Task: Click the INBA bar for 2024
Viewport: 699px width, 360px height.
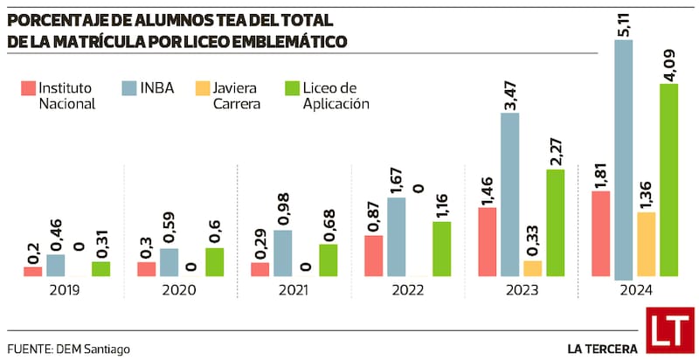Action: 623,157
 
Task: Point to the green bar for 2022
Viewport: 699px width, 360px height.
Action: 441,248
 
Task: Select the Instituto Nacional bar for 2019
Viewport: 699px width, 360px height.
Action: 32,271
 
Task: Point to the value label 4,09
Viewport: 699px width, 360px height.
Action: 668,65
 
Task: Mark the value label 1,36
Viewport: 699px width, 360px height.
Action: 646,192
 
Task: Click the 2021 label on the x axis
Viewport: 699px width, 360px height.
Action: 293,289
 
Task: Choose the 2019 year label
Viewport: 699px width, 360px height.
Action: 66,289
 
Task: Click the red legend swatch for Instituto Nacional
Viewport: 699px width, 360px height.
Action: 28,87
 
